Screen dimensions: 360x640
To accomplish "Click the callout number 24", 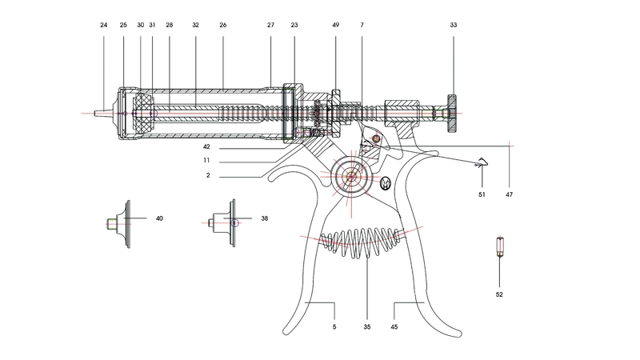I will [104, 26].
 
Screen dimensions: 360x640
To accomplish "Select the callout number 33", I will [454, 26].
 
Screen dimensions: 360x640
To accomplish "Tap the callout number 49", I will [335, 26].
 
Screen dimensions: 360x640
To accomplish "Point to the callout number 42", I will [206, 147].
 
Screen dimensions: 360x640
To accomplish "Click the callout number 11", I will [206, 160].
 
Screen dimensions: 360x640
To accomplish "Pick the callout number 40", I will [159, 218].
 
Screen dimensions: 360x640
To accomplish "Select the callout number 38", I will [264, 218].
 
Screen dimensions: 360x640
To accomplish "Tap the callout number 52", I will [499, 294].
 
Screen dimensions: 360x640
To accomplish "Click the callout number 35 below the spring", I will [367, 326].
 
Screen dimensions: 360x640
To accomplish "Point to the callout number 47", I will [510, 194].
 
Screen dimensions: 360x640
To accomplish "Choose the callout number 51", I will [482, 194].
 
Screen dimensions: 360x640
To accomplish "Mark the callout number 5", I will [334, 326].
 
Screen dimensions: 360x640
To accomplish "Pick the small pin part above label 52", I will [499, 247].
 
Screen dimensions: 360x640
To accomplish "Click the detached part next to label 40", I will [118, 222].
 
